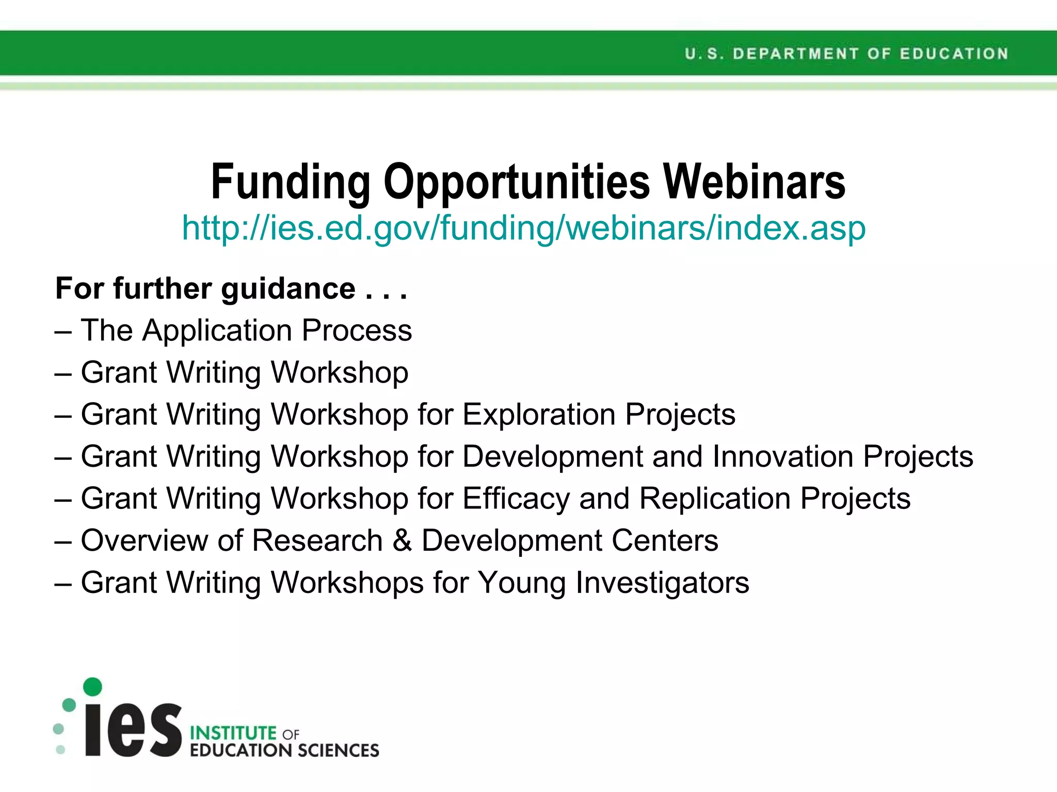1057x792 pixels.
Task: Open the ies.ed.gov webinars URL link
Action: (x=523, y=228)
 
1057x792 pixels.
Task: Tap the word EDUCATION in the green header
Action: (x=954, y=54)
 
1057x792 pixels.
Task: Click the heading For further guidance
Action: (x=231, y=288)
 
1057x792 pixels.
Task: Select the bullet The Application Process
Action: (x=246, y=330)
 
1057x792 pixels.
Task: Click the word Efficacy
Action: (x=516, y=499)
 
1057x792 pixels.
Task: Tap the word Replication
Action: (x=715, y=499)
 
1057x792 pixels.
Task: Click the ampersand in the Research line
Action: (x=402, y=540)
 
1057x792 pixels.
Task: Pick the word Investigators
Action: (x=662, y=583)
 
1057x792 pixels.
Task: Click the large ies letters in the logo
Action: (x=133, y=729)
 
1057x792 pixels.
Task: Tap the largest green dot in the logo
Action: (x=92, y=686)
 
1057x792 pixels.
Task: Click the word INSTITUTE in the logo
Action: (x=233, y=733)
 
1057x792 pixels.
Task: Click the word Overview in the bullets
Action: (x=143, y=540)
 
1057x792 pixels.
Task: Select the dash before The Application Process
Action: (x=62, y=331)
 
